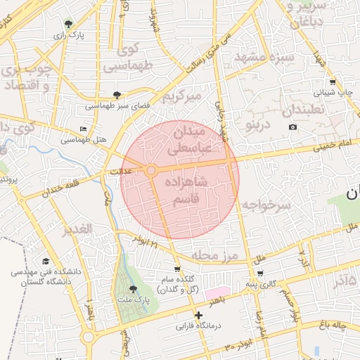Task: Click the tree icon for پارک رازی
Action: point(68,24)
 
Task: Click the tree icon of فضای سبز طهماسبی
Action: point(117,94)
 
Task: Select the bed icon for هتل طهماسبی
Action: point(84,129)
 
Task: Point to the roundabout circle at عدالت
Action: point(151,170)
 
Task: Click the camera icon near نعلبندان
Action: point(292,127)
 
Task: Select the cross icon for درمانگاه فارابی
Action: point(199,315)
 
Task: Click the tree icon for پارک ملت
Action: point(133,289)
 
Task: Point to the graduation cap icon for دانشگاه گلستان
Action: point(45,260)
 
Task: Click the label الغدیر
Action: point(77,229)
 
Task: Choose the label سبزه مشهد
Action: point(260,56)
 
